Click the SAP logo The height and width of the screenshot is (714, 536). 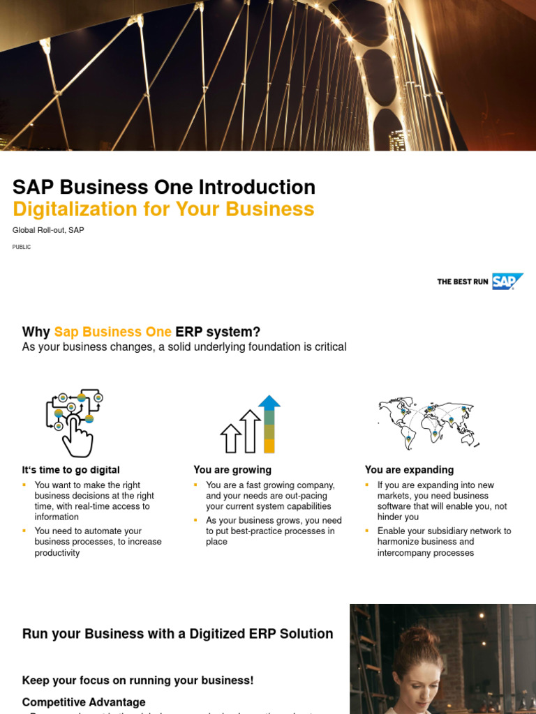pyautogui.click(x=507, y=281)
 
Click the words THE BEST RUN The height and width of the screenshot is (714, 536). pyautogui.click(x=462, y=282)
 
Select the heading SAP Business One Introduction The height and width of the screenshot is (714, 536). pyautogui.click(x=164, y=187)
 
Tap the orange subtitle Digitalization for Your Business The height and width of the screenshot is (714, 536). pyautogui.click(x=163, y=209)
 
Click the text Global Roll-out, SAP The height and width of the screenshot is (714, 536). pyautogui.click(x=48, y=230)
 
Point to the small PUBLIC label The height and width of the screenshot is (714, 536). pyautogui.click(x=22, y=247)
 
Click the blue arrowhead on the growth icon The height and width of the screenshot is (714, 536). pyautogui.click(x=269, y=402)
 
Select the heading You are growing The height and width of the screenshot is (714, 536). pyautogui.click(x=232, y=470)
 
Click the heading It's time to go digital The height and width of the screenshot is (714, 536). pyautogui.click(x=70, y=470)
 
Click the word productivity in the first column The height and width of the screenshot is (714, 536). pyautogui.click(x=57, y=553)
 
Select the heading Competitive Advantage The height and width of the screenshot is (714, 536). pyautogui.click(x=84, y=702)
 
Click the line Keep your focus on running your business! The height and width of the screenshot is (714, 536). pyautogui.click(x=137, y=681)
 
